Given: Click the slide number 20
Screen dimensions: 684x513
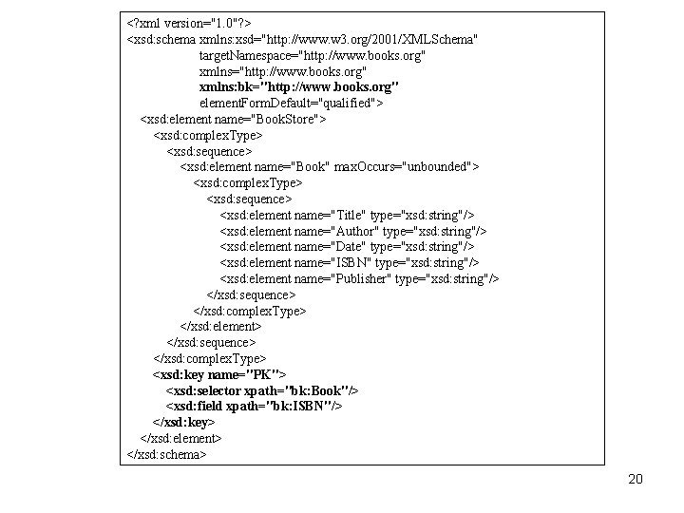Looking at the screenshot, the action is tap(636, 479).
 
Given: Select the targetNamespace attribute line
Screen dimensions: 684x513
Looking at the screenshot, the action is tap(312, 56).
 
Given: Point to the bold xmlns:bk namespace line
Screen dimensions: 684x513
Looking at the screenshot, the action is tap(298, 87).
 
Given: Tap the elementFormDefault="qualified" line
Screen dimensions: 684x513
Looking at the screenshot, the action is tap(291, 103).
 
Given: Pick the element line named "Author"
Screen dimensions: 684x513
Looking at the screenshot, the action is tap(352, 231).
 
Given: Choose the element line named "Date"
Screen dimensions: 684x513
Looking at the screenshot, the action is tap(347, 247).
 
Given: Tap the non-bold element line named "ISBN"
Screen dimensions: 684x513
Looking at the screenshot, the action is tap(350, 262).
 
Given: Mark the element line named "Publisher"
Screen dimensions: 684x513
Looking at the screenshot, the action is tap(359, 278).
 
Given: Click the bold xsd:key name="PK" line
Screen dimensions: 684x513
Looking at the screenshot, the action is tap(219, 375).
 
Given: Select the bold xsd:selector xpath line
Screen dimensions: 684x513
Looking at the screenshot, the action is tap(262, 390).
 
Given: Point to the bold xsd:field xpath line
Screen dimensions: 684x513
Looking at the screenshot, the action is tap(254, 406).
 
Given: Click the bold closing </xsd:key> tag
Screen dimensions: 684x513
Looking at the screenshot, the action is tap(183, 422).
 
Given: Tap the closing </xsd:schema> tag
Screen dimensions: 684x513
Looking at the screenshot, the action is tap(166, 454).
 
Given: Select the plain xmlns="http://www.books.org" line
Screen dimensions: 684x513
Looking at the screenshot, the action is tap(282, 72).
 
